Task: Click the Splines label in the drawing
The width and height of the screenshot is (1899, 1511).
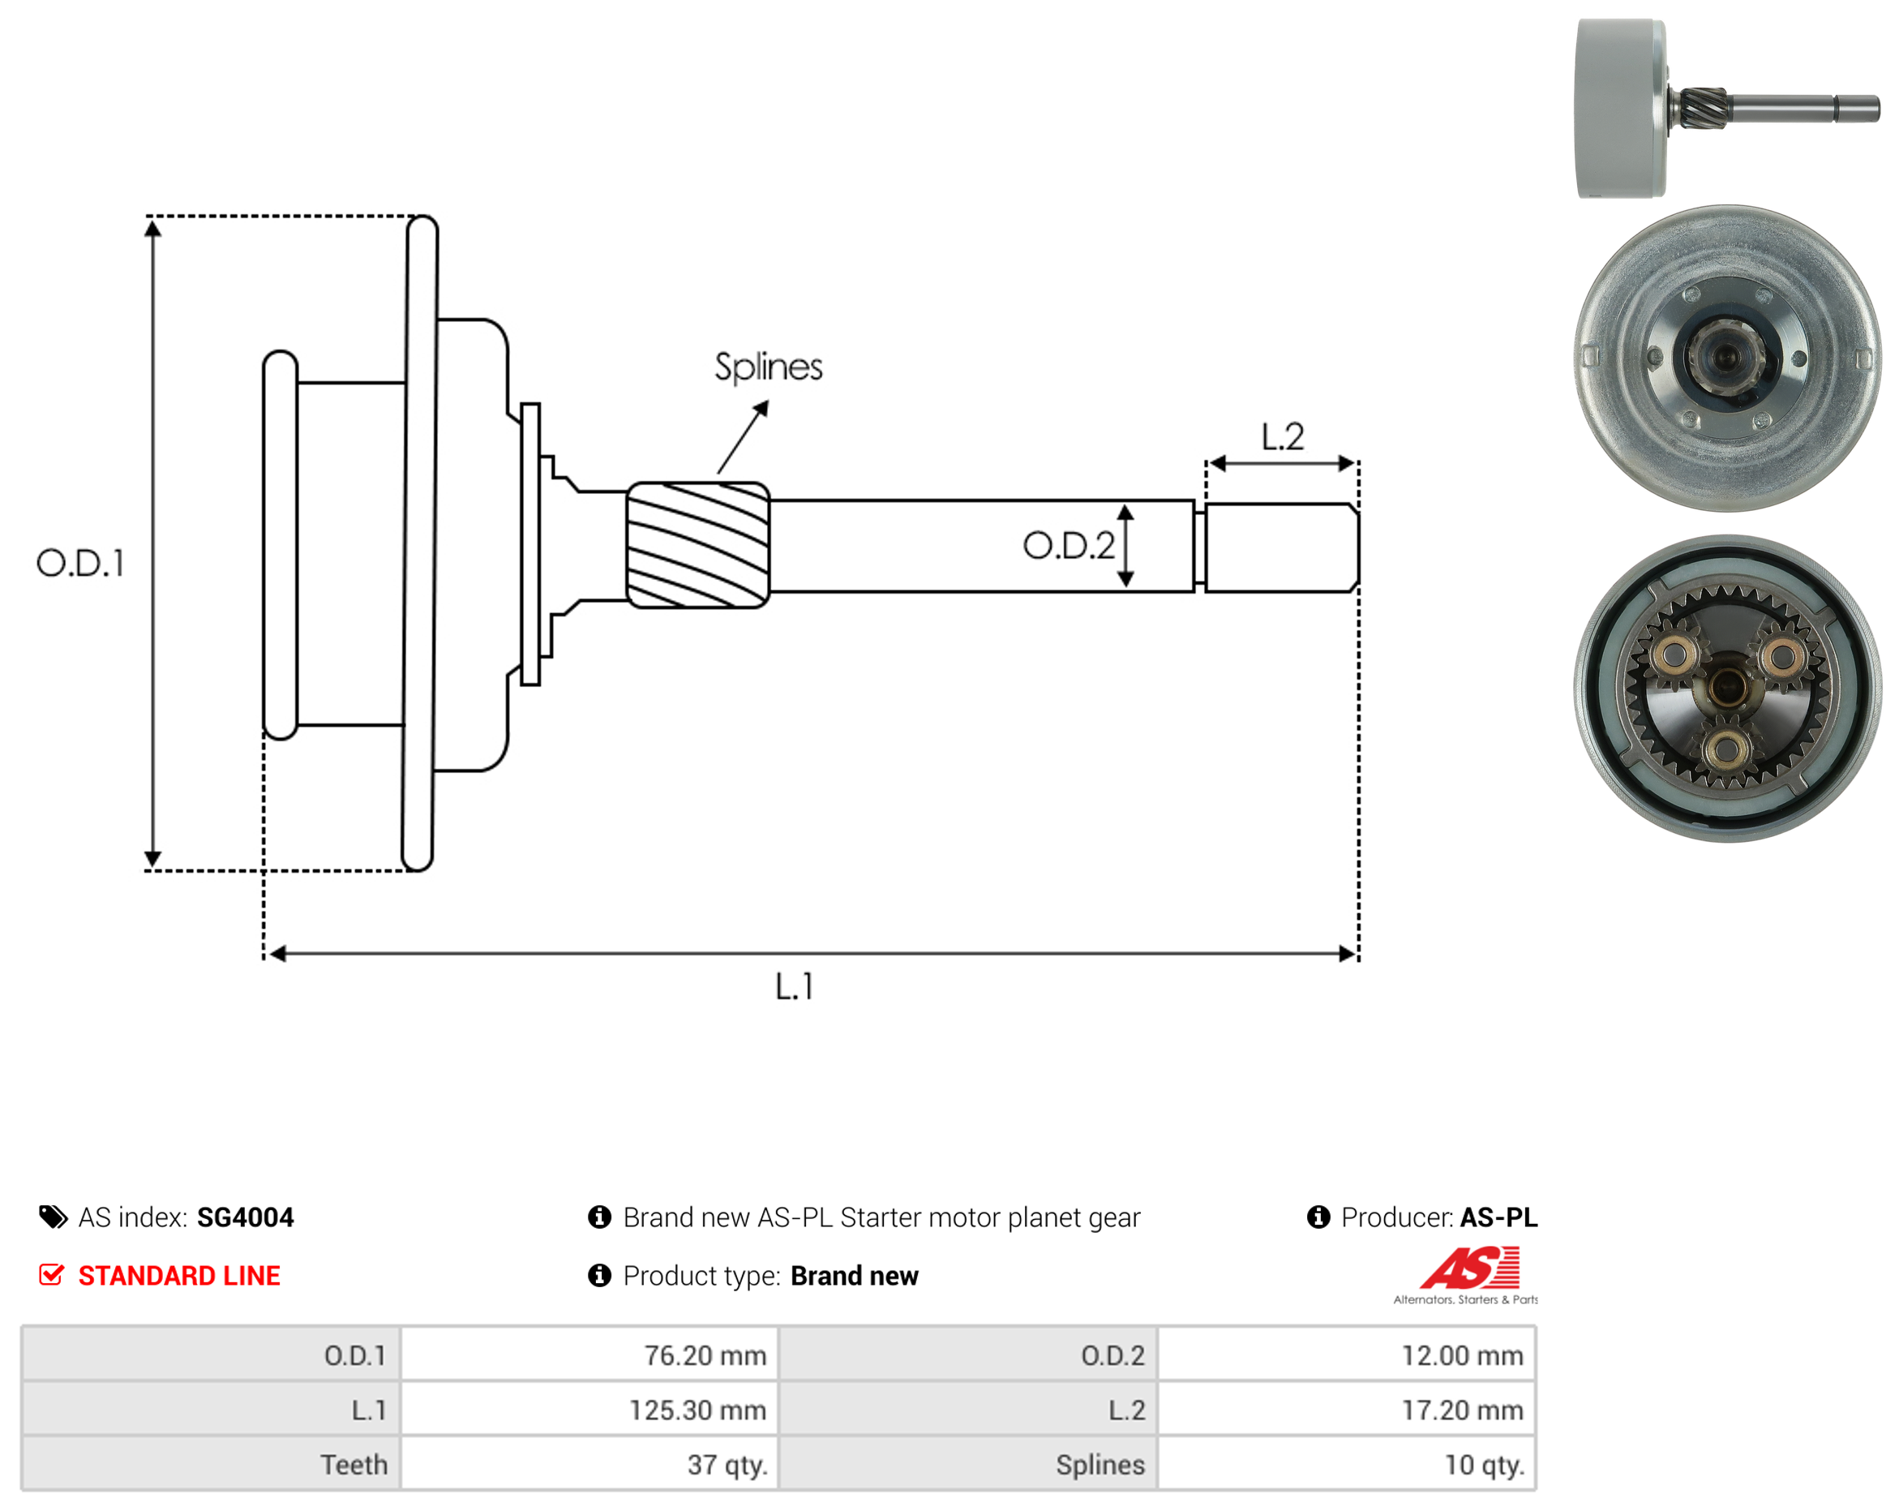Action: [x=768, y=367]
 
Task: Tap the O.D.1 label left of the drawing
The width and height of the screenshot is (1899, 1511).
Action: [x=80, y=563]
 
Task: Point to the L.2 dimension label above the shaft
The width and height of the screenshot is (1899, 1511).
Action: [x=1283, y=437]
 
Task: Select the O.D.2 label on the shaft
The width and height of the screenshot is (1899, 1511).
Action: [x=1069, y=547]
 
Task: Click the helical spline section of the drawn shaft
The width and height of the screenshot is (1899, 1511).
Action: [x=697, y=545]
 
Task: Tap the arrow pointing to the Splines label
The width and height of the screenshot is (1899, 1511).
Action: [x=743, y=438]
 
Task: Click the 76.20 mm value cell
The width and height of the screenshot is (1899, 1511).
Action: [x=589, y=1355]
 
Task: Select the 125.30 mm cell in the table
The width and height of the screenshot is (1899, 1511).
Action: [x=589, y=1410]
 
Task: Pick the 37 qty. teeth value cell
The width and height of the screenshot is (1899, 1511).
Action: [x=589, y=1464]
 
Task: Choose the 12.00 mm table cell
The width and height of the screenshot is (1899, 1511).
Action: [x=1347, y=1355]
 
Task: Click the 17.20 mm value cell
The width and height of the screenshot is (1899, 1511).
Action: [x=1347, y=1410]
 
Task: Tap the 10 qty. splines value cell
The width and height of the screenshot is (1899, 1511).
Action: [x=1347, y=1464]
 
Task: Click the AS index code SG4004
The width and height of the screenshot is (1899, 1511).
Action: [x=246, y=1217]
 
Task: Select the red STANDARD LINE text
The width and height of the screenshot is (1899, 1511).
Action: [x=179, y=1276]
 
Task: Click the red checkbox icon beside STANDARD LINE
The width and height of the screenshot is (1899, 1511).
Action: [x=52, y=1275]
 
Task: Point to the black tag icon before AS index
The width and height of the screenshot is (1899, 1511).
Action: [x=54, y=1217]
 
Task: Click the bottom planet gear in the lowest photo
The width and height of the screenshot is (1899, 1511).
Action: [x=1726, y=749]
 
